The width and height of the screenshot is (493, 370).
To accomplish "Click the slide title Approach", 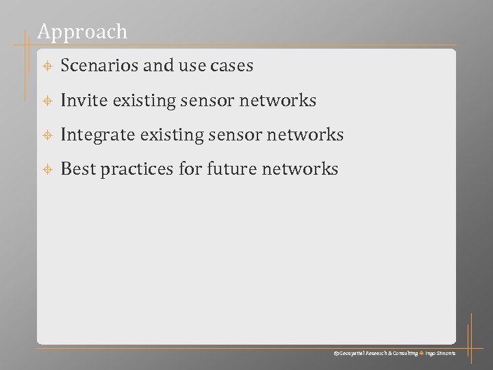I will (x=82, y=32).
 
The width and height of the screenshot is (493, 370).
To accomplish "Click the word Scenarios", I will (x=100, y=66).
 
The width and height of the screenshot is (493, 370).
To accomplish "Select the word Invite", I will (x=84, y=101).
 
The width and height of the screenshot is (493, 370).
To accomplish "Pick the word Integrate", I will (x=97, y=135).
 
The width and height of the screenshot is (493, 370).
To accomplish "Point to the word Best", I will (x=78, y=169).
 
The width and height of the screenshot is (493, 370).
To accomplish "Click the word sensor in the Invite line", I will (x=210, y=101).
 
